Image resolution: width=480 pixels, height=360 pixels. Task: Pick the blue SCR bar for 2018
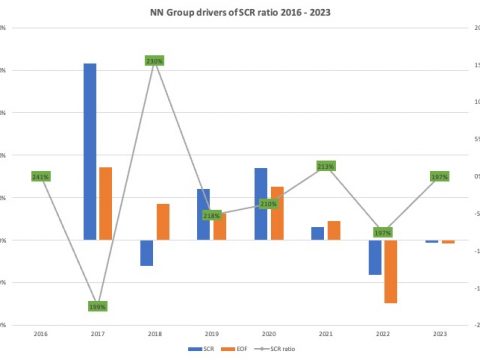pyautogui.click(x=147, y=253)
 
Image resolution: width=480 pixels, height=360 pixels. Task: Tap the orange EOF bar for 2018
pyautogui.click(x=162, y=221)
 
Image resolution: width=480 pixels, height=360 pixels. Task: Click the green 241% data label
pyautogui.click(x=41, y=177)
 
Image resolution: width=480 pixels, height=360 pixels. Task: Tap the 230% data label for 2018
pyautogui.click(x=154, y=61)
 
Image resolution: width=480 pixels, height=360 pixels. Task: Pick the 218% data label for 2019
pyautogui.click(x=211, y=215)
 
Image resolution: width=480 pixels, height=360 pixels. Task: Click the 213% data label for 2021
pyautogui.click(x=325, y=166)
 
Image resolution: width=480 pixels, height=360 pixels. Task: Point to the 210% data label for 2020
pyautogui.click(x=268, y=204)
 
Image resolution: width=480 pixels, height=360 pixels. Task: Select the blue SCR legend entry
pyautogui.click(x=201, y=349)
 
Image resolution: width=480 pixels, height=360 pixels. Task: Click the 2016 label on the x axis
pyautogui.click(x=41, y=332)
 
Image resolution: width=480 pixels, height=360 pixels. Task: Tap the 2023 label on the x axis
pyautogui.click(x=439, y=332)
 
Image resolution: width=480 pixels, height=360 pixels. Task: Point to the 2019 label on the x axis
pyautogui.click(x=211, y=332)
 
